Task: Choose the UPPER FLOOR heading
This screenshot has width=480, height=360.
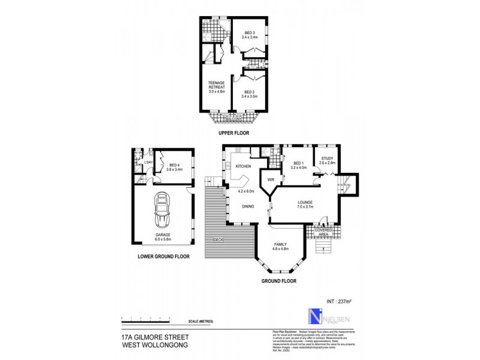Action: pyautogui.click(x=234, y=133)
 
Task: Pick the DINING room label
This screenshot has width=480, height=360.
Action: pyautogui.click(x=248, y=206)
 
